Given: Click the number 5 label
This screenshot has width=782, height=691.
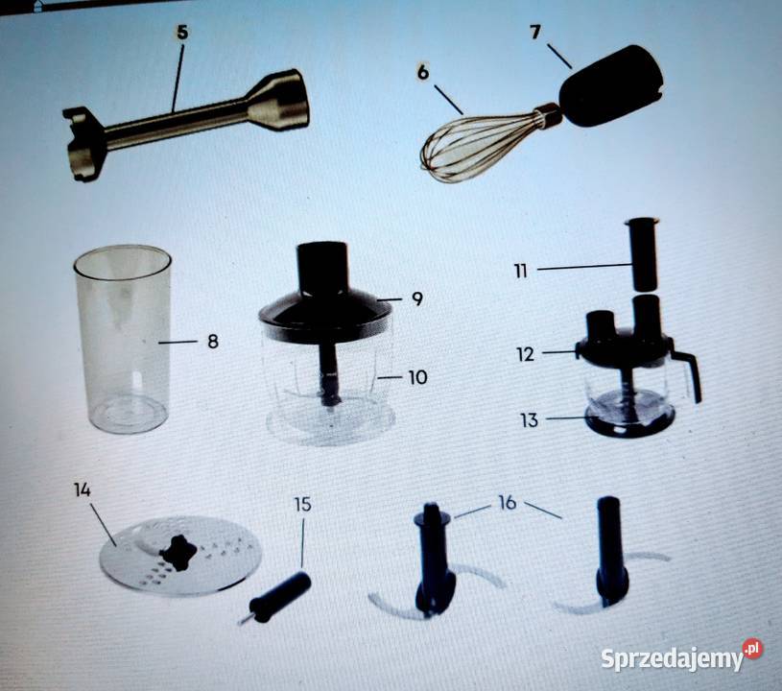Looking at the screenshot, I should point(182,32).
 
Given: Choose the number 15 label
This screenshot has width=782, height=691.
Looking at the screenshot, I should point(303,504).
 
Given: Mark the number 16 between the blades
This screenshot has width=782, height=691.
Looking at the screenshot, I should point(508,503).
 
